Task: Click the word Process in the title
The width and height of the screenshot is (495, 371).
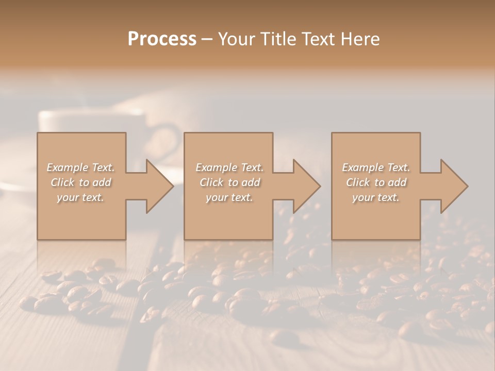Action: [x=162, y=39]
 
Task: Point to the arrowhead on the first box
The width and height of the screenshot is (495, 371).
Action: [x=158, y=186]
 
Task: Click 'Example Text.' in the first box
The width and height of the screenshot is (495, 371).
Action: [x=81, y=167]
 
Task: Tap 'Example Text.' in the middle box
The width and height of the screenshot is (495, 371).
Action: [x=229, y=167]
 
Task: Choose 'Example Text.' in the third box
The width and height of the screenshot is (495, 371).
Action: [x=376, y=167]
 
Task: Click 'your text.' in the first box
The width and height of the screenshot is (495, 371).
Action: [x=81, y=197]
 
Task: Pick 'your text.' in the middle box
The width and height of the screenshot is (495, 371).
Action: [x=229, y=197]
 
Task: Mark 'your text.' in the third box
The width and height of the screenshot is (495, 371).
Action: [x=376, y=197]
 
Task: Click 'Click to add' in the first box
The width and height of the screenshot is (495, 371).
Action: [x=81, y=182]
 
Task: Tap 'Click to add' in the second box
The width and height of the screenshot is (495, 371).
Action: [x=229, y=182]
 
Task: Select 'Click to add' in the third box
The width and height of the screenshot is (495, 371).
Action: [x=376, y=182]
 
